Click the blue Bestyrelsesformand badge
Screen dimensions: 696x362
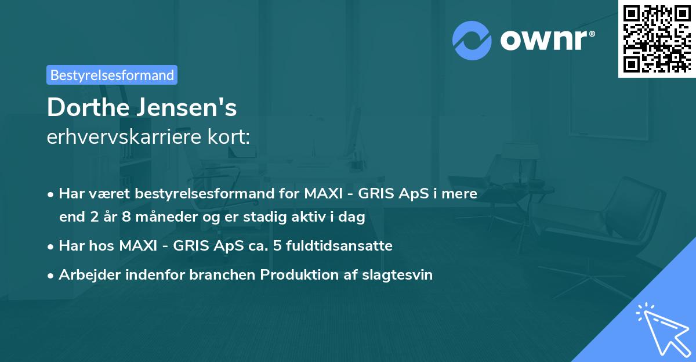tap(112, 75)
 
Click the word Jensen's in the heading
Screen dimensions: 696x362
tap(187, 107)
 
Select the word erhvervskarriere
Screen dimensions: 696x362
tap(124, 136)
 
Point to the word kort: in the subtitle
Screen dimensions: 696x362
tap(229, 136)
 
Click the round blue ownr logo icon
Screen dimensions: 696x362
tap(472, 41)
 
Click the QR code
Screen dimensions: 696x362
tap(657, 38)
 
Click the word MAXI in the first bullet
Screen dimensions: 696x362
tap(323, 194)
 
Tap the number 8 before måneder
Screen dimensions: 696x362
tap(126, 217)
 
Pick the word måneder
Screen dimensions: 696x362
tap(166, 217)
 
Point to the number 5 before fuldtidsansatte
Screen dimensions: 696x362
tap(277, 246)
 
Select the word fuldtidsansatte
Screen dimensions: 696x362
tap(339, 246)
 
